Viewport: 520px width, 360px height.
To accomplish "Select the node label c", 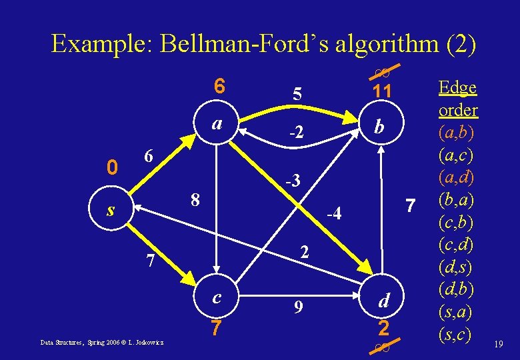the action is [x=217, y=297].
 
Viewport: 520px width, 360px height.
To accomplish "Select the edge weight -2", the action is [x=295, y=133].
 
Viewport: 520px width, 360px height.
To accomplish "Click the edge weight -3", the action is [x=293, y=181].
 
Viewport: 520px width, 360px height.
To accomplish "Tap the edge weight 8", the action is [x=195, y=199].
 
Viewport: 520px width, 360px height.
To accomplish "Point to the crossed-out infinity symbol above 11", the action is [x=382, y=71].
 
